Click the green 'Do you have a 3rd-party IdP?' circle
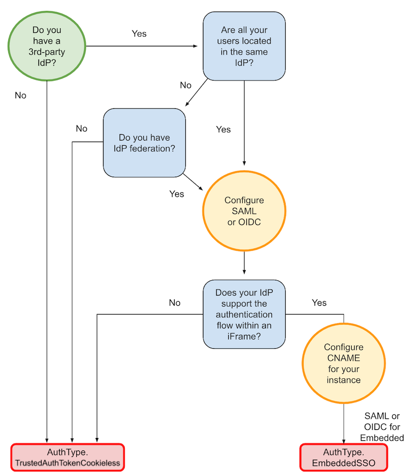click(x=47, y=46)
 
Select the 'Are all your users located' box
click(x=244, y=46)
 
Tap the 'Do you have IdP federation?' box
click(x=144, y=143)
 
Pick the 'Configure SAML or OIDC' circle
click(x=244, y=211)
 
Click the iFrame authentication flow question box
click(x=244, y=314)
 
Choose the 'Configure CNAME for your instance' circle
click(x=343, y=364)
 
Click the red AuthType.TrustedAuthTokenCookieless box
click(x=68, y=457)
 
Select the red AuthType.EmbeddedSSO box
click(x=343, y=457)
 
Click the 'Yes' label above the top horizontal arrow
click(x=139, y=34)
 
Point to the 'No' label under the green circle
click(x=20, y=95)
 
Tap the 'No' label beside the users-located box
click(x=185, y=85)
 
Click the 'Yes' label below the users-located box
click(x=223, y=130)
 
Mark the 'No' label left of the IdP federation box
click(x=81, y=129)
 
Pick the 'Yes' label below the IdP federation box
click(x=177, y=194)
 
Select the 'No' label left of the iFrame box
click(x=174, y=302)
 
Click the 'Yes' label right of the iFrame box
click(x=319, y=302)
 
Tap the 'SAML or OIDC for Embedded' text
click(x=382, y=427)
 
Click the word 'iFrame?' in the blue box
click(x=244, y=336)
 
